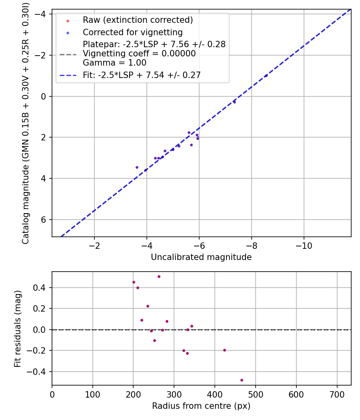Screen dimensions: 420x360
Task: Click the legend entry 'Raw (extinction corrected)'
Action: [x=138, y=20]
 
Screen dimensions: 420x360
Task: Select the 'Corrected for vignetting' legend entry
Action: [x=132, y=32]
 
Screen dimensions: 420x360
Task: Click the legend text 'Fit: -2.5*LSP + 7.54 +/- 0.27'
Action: [x=142, y=75]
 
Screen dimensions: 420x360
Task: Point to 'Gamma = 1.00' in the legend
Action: [x=114, y=63]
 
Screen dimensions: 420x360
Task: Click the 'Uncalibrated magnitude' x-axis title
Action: [x=201, y=257]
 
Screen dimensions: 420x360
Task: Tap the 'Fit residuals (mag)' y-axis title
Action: [x=18, y=329]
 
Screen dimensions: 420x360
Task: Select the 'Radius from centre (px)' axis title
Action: [x=201, y=406]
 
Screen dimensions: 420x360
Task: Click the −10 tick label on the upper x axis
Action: [x=304, y=245]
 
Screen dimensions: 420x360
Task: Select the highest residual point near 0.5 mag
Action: [x=159, y=276]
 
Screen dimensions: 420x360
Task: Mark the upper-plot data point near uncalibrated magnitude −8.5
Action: [x=266, y=76]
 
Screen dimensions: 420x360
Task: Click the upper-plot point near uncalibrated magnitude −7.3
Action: [x=234, y=102]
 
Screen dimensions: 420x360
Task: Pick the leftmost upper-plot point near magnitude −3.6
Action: [x=137, y=167]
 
